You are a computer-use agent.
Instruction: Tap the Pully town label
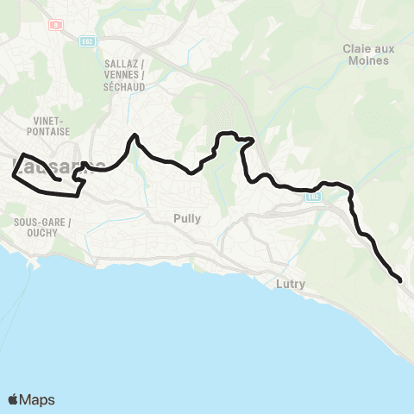point(186,218)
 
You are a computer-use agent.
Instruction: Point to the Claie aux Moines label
point(368,55)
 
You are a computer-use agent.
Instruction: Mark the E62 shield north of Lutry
point(314,198)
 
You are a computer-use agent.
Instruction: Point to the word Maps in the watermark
point(38,399)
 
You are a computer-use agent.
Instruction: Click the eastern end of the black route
point(400,279)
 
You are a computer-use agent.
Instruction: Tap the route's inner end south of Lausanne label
point(58,180)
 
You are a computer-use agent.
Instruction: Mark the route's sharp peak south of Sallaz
point(134,135)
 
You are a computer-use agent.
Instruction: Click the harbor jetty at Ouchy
point(34,267)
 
